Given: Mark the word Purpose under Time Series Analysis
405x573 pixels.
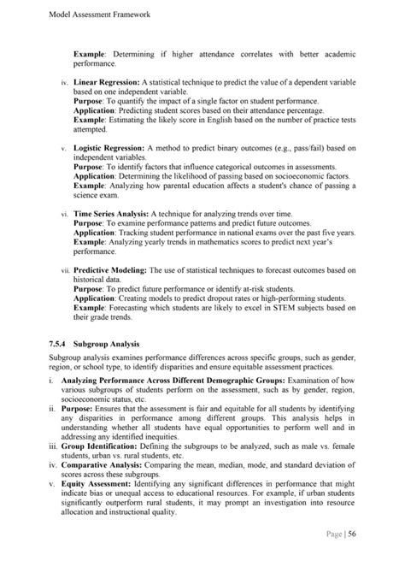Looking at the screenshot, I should [89, 222].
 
